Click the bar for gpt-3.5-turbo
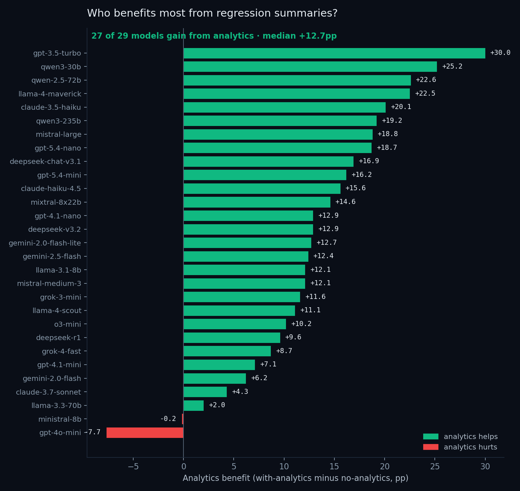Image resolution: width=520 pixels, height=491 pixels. tap(334, 53)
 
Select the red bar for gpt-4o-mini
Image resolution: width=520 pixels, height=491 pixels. tap(145, 433)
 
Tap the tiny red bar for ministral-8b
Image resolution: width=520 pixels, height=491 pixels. tap(183, 419)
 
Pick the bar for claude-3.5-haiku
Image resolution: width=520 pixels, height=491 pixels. tap(285, 107)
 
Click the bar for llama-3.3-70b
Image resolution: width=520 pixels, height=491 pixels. tap(194, 405)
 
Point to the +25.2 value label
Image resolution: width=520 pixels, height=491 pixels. tap(452, 66)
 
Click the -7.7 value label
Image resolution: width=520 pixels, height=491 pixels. tap(94, 432)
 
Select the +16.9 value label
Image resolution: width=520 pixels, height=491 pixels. tap(369, 161)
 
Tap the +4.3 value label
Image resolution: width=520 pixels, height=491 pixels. tap(240, 392)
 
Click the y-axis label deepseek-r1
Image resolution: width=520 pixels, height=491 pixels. tap(58, 338)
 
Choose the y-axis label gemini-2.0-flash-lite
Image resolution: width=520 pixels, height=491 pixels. tap(45, 243)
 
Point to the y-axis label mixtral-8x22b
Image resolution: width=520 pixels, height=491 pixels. tap(56, 202)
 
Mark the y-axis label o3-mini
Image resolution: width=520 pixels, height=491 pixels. tap(68, 324)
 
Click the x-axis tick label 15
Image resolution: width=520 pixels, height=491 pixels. tap(334, 466)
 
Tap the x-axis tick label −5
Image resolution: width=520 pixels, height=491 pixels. tap(133, 466)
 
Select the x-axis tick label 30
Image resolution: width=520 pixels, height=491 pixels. tap(485, 466)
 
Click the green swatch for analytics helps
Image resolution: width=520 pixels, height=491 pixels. tap(430, 436)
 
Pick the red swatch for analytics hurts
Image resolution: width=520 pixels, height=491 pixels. tap(430, 447)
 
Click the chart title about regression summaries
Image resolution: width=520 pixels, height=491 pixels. tap(212, 13)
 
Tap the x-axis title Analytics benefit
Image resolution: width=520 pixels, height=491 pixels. tap(295, 478)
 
